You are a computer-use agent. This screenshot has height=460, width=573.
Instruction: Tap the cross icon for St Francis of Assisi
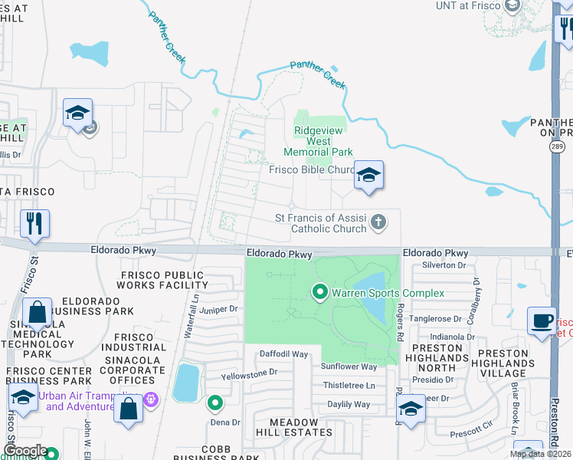point(377,223)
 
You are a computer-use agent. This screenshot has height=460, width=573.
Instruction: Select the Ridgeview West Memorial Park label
point(323,141)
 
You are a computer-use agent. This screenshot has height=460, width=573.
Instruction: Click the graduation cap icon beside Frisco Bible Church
point(368,176)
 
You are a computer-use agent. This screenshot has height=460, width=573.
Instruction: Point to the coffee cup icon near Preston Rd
point(542,320)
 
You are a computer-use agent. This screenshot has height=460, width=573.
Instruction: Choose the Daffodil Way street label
point(283,354)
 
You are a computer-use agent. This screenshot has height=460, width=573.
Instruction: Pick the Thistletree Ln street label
point(349,385)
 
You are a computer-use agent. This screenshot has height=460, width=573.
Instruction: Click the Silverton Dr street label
point(444,265)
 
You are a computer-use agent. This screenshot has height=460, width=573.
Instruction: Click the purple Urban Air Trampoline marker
point(151,399)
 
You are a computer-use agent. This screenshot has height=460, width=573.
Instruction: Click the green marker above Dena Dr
point(216,402)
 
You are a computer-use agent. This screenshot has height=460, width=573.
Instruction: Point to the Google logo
point(25,452)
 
